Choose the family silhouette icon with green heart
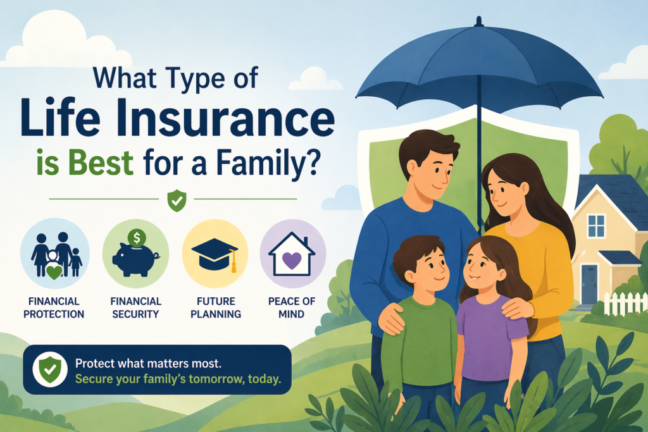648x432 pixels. (55, 254)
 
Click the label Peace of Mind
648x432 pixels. (292, 307)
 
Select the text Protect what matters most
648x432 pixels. (149, 364)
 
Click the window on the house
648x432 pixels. (595, 226)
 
